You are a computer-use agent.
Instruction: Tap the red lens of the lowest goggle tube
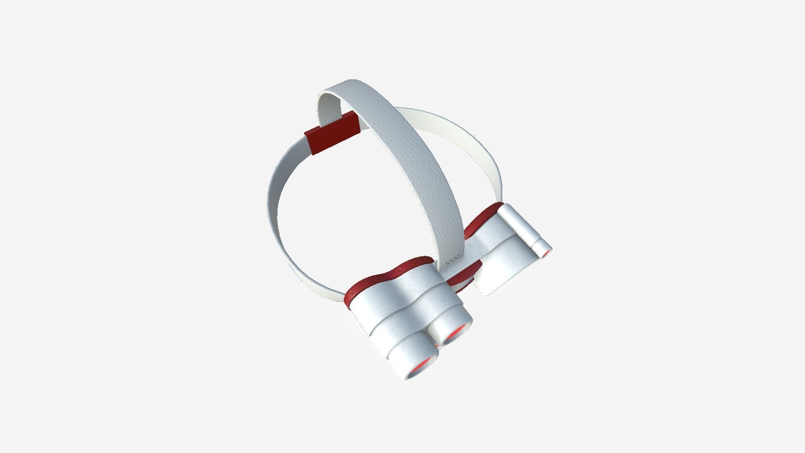coord(421,367)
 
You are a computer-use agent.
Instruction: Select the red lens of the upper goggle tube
coord(456,332)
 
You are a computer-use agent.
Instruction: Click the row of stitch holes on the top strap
coord(452,260)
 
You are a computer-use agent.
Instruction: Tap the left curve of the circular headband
coord(273,210)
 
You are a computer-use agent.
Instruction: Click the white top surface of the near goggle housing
coord(402,294)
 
